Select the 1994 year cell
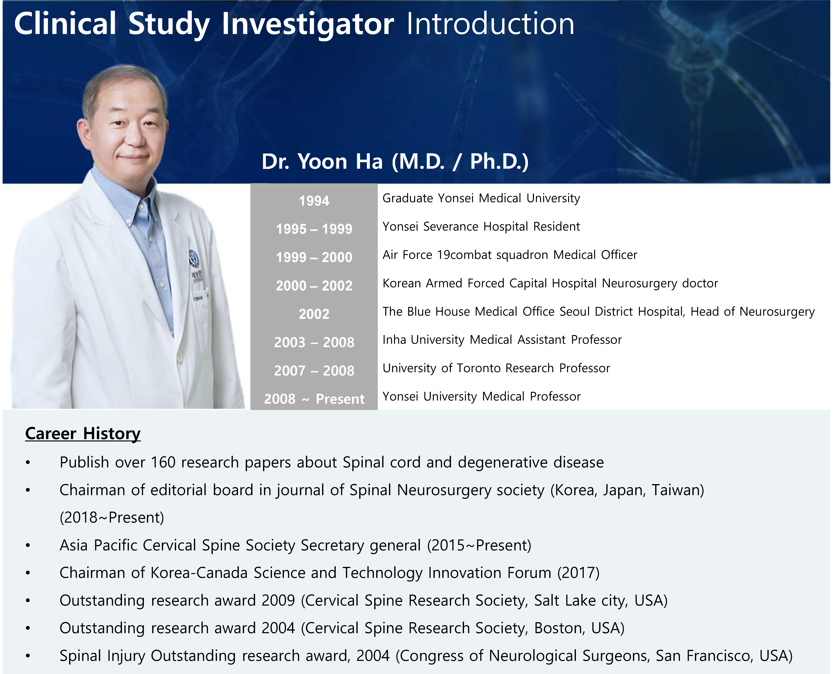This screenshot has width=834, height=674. [x=314, y=201]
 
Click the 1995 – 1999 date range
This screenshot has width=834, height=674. [x=314, y=229]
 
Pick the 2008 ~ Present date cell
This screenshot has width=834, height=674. [x=314, y=399]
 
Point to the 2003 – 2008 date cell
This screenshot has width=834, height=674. [x=314, y=342]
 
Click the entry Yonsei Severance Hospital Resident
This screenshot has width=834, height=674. [x=481, y=226]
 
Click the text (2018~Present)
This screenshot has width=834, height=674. [x=112, y=517]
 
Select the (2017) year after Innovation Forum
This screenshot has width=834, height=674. [x=578, y=573]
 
